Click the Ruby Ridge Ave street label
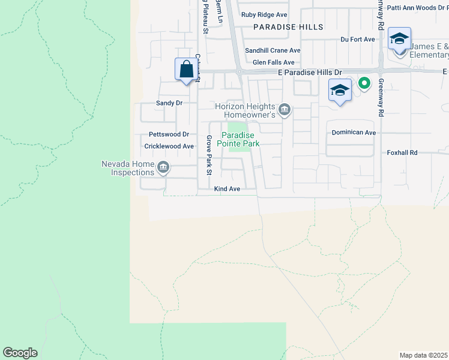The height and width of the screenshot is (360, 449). point(265,15)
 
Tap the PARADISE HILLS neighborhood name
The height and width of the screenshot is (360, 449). point(288,27)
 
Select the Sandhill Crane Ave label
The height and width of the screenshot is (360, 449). point(276,50)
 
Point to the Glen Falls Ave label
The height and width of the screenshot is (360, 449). point(273,62)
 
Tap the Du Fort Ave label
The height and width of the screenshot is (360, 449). point(357,40)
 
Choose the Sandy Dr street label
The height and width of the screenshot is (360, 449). point(169,103)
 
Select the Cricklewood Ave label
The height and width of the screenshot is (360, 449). point(169,146)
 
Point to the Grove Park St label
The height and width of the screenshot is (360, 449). point(209,155)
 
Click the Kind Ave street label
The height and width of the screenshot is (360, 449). point(227,189)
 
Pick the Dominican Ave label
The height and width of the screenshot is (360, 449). point(354,133)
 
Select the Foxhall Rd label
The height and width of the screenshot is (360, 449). point(402,153)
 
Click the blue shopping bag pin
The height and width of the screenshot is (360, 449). point(185,68)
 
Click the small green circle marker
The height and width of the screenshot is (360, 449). point(363,83)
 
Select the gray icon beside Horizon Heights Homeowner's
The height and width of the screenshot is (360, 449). point(285,109)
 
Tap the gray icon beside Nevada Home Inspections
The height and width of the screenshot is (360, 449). point(163,168)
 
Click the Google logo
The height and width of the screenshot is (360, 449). point(20,353)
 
